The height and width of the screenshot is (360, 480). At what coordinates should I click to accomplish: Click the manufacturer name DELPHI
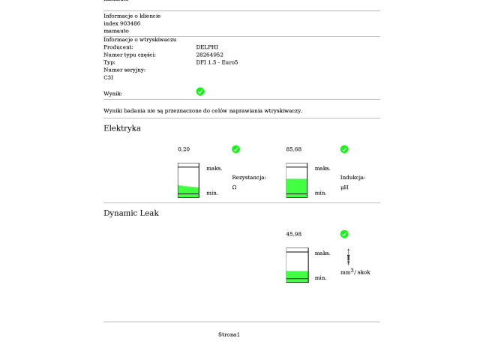click(x=208, y=47)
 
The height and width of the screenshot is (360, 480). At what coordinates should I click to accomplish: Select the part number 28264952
click(x=210, y=55)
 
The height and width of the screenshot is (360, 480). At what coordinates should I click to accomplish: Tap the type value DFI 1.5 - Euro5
click(x=217, y=62)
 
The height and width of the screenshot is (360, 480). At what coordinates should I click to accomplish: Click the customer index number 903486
click(x=128, y=23)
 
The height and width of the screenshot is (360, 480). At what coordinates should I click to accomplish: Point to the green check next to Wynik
click(x=200, y=91)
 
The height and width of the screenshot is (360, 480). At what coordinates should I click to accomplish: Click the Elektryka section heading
click(x=122, y=128)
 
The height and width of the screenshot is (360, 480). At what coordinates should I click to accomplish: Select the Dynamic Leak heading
click(x=131, y=213)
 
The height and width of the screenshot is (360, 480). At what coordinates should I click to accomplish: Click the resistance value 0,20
click(x=184, y=149)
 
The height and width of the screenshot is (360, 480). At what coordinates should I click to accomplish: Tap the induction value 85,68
click(x=294, y=149)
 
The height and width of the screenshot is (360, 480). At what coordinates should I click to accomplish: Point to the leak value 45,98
click(x=294, y=234)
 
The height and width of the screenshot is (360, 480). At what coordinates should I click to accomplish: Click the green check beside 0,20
click(x=236, y=149)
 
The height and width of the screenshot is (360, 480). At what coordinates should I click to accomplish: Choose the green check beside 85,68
click(x=344, y=149)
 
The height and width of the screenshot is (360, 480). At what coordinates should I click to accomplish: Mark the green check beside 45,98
click(x=344, y=234)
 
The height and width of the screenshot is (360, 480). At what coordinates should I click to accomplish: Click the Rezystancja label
click(x=249, y=178)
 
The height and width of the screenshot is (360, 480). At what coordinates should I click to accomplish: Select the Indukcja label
click(x=352, y=178)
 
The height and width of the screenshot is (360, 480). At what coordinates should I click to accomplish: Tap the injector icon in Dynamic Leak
click(x=348, y=256)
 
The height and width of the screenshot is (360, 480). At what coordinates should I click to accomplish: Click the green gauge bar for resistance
click(x=188, y=190)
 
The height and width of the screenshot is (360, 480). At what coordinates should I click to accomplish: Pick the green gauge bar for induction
click(x=297, y=187)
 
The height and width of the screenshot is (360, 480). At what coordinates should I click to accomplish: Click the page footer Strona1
click(x=229, y=334)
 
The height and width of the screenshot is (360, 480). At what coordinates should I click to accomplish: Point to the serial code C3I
click(x=108, y=77)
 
